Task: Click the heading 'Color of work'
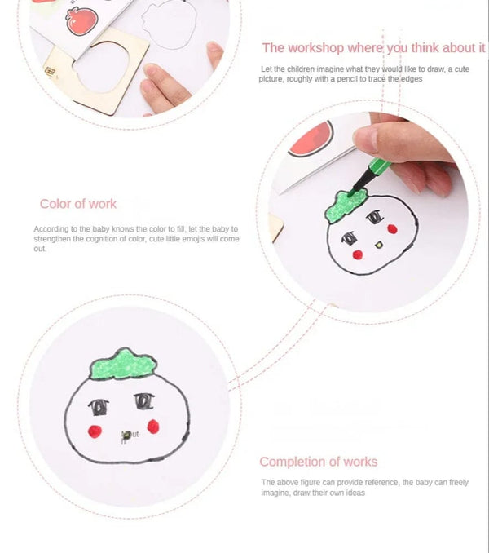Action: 78,204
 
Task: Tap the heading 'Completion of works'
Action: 318,462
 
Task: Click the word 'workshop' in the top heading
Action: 320,48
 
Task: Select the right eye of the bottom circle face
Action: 144,400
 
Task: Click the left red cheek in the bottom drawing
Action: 95,431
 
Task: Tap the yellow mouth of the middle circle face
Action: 378,244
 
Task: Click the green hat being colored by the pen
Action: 346,206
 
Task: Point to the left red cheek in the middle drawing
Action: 356,254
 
